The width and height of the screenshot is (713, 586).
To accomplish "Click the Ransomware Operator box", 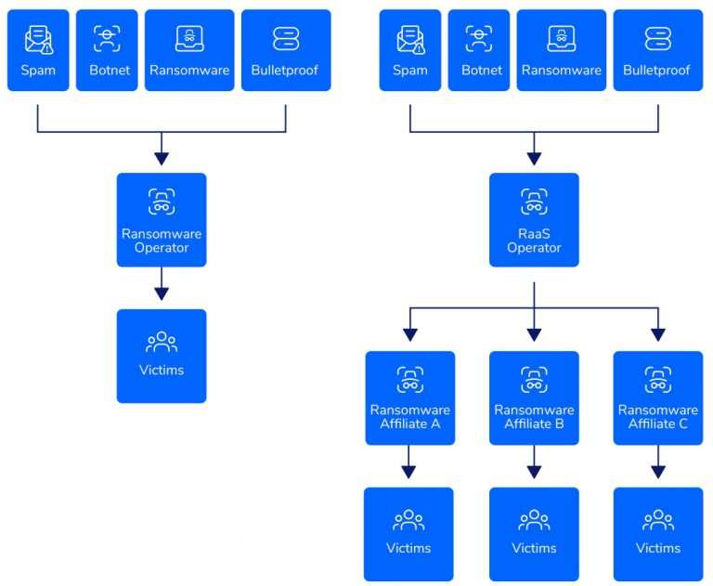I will click(x=162, y=220).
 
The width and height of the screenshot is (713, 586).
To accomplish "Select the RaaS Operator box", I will click(x=534, y=220).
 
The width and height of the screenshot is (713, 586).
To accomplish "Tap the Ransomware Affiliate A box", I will click(x=409, y=397).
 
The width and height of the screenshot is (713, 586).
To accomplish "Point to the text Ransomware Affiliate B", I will click(x=534, y=417).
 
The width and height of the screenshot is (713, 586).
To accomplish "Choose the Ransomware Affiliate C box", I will click(x=658, y=397).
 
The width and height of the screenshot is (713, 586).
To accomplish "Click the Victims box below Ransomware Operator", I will click(x=162, y=356).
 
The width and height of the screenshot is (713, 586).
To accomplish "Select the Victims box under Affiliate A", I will click(x=409, y=533).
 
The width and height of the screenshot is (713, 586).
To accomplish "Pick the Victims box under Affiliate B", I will click(x=534, y=533).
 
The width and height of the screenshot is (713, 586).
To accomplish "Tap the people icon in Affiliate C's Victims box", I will click(x=658, y=520).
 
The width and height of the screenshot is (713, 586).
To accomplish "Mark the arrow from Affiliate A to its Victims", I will click(x=409, y=462).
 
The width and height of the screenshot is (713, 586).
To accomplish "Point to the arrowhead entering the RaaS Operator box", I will click(x=534, y=159).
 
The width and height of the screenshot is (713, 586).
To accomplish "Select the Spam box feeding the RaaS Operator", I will click(x=409, y=50).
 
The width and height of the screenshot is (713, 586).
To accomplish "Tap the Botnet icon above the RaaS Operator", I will click(x=479, y=38).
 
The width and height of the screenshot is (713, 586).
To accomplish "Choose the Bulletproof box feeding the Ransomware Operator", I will click(x=286, y=50).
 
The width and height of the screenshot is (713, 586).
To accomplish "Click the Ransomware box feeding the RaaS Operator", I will click(x=561, y=50).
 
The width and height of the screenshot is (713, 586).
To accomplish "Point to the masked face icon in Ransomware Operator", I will click(x=162, y=202).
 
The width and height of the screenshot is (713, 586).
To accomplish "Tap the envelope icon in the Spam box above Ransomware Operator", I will click(x=38, y=38).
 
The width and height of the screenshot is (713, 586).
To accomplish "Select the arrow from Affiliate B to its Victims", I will click(x=534, y=462).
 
